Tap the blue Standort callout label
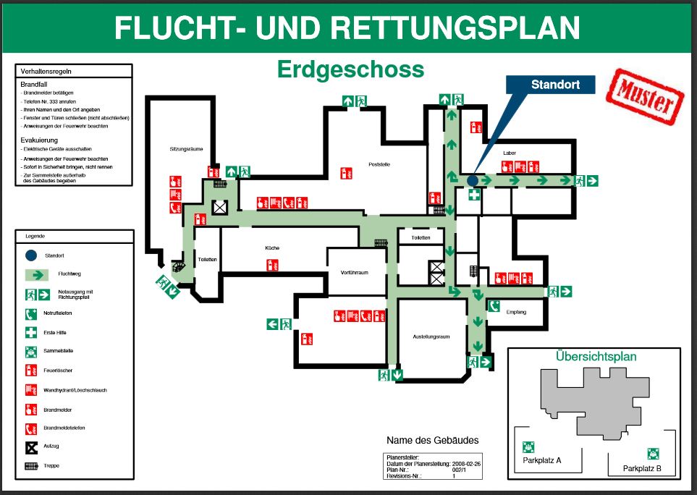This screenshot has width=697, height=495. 555,85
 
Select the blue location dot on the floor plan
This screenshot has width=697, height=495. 473,180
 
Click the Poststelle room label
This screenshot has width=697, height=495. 379,164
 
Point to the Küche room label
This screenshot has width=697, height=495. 272,248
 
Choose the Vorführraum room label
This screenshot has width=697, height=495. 355,272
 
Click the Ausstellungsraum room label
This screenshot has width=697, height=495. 431,337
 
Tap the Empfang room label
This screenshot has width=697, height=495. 516,312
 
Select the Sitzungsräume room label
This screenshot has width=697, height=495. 186,149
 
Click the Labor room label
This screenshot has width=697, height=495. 509,153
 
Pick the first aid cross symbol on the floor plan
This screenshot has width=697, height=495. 473,195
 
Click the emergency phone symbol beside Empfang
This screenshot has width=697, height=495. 494,306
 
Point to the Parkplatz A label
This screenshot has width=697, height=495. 541,460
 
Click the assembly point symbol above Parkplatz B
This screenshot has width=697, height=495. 653,454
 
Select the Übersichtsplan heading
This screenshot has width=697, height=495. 596,356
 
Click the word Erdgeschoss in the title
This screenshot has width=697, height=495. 350,69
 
